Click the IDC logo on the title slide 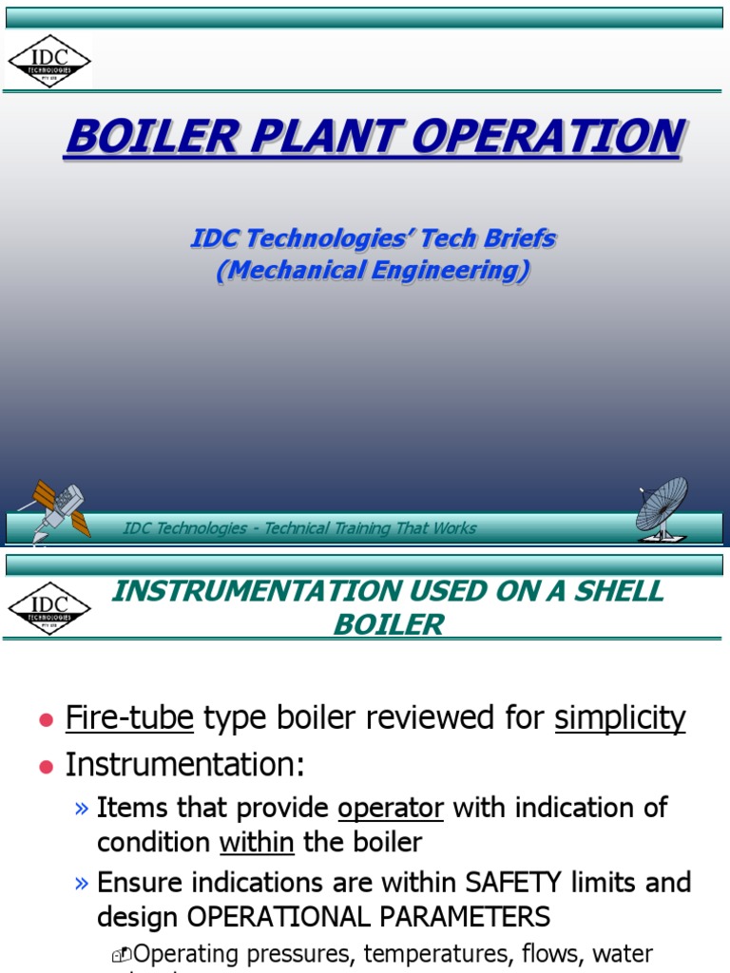coord(49,61)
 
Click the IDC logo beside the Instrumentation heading coord(49,608)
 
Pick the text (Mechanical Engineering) coord(373,270)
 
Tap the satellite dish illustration coord(663,507)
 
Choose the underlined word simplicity coord(620,718)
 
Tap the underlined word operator coord(391,808)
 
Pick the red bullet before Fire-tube coord(45,721)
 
